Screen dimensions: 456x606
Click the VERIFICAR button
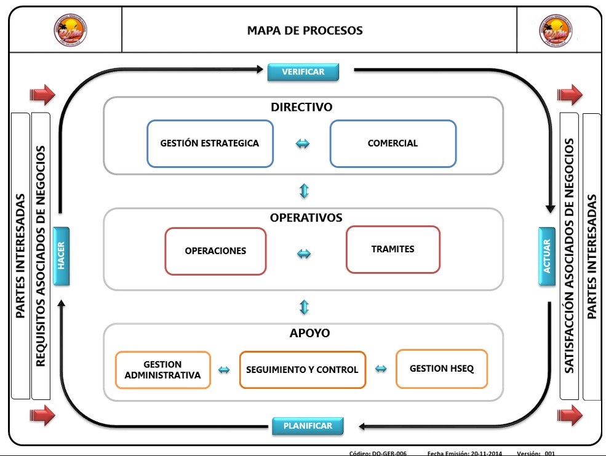(x=303, y=72)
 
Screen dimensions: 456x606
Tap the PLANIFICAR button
(x=308, y=426)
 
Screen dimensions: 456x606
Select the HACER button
(x=62, y=256)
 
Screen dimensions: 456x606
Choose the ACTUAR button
(x=547, y=256)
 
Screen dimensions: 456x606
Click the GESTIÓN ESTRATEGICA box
(x=210, y=143)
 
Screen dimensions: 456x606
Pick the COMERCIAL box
(x=393, y=143)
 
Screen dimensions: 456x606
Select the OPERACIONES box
(x=215, y=251)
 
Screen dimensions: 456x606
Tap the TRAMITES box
(x=393, y=249)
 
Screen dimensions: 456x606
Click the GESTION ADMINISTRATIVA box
(x=163, y=370)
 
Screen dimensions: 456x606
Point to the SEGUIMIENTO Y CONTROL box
(x=302, y=370)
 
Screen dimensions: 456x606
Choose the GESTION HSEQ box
(x=442, y=369)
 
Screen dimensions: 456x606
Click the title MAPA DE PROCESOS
(x=305, y=31)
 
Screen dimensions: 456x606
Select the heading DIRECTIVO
(x=301, y=107)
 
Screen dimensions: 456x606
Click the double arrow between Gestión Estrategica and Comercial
(x=303, y=144)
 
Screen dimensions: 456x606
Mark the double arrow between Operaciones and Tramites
(x=304, y=254)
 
